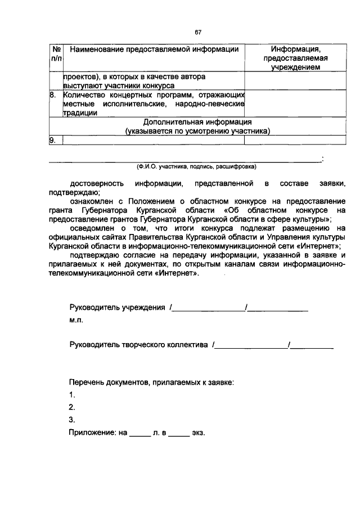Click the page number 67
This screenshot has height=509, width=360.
pyautogui.click(x=198, y=32)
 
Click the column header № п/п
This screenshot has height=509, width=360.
pyautogui.click(x=55, y=54)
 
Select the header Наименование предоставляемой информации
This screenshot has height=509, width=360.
pyautogui.click(x=155, y=49)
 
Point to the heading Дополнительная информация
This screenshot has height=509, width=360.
pyautogui.click(x=197, y=122)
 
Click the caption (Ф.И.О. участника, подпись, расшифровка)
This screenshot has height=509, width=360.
pyautogui.click(x=196, y=167)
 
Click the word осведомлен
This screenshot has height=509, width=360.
pyautogui.click(x=95, y=228)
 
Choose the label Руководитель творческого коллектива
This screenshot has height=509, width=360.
pyautogui.click(x=139, y=344)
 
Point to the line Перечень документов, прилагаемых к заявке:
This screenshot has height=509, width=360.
pyautogui.click(x=151, y=383)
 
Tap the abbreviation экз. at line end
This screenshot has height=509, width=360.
pyautogui.click(x=199, y=433)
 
